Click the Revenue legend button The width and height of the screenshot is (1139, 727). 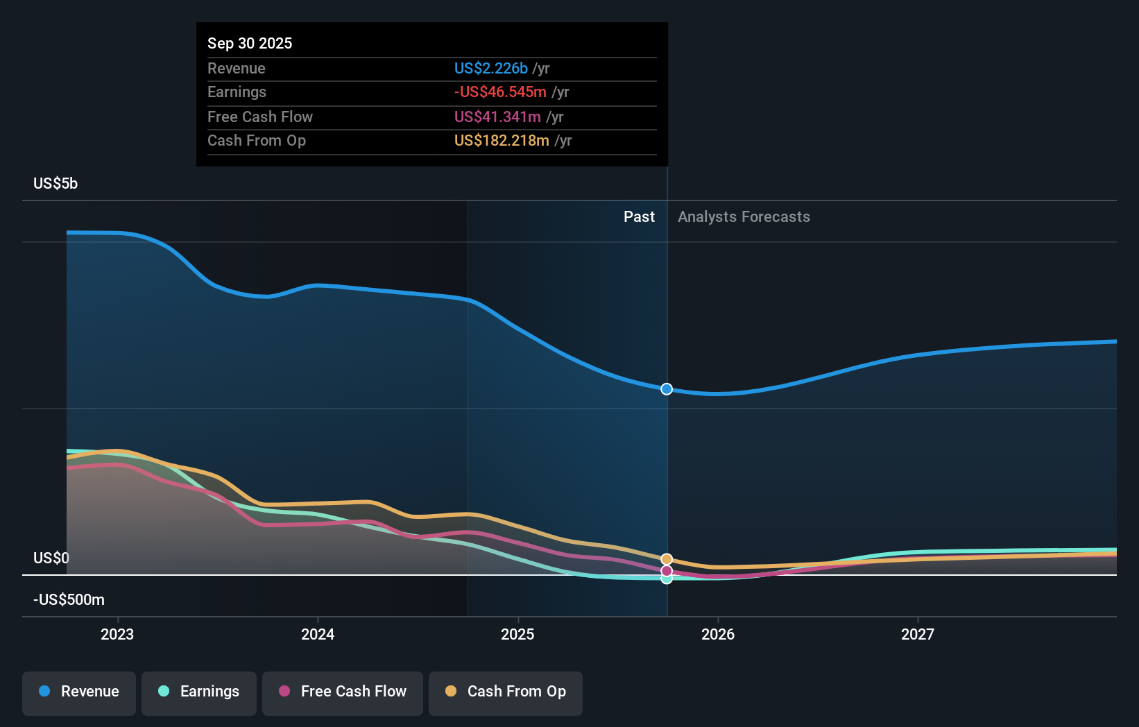coord(79,692)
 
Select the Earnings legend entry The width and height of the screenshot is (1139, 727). coord(199,692)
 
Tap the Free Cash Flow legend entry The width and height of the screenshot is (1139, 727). coord(343,692)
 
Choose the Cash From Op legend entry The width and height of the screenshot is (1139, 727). coord(506,692)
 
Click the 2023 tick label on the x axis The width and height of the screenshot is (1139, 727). coord(117,634)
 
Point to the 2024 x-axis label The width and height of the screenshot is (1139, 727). coord(318,634)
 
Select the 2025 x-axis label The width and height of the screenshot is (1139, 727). coord(517,634)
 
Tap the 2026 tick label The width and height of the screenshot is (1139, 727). coord(718,634)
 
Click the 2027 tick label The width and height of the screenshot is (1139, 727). coord(918,634)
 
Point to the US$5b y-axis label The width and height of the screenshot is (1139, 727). coord(55,184)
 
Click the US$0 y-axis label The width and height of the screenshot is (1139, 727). coord(51,558)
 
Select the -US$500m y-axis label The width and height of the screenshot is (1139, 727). coord(69,600)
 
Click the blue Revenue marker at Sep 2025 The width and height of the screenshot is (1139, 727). coord(667,389)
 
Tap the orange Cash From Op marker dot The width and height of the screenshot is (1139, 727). coord(667,559)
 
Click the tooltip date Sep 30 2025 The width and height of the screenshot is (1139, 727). coord(250,44)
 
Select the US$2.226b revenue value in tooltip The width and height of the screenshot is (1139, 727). coord(490,69)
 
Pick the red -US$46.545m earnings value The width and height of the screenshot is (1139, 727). coord(500,92)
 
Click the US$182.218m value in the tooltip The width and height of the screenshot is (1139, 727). coord(502,141)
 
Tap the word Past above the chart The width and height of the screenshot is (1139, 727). coord(639,217)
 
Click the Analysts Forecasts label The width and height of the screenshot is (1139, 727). coord(744,217)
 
